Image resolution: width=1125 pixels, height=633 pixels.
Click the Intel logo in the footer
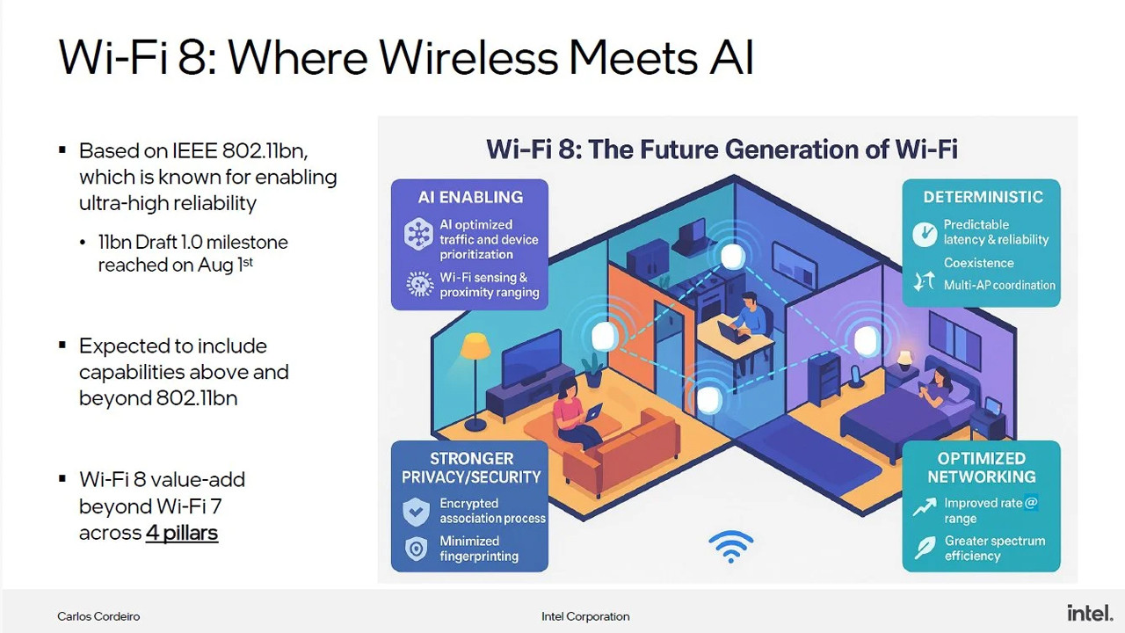(1090, 613)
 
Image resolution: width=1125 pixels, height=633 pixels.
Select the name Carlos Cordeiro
(98, 616)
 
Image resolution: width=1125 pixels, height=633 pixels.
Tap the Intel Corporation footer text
(585, 616)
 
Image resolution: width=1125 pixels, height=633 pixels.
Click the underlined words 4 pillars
(182, 533)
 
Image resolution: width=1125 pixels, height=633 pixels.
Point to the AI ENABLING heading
(470, 197)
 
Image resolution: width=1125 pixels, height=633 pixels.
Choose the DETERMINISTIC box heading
(983, 197)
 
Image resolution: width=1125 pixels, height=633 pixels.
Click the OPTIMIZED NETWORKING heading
(981, 468)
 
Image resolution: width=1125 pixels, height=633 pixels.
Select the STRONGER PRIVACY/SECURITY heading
(471, 468)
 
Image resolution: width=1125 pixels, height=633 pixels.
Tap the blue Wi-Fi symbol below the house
(731, 546)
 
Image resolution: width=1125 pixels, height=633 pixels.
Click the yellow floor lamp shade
(475, 345)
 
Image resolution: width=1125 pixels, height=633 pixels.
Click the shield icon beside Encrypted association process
(416, 511)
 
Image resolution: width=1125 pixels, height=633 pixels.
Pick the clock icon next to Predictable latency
(925, 233)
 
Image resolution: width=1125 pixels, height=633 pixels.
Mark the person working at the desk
(746, 316)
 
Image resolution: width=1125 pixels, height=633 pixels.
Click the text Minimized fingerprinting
(479, 549)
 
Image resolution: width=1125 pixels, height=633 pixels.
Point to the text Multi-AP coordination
(999, 285)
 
